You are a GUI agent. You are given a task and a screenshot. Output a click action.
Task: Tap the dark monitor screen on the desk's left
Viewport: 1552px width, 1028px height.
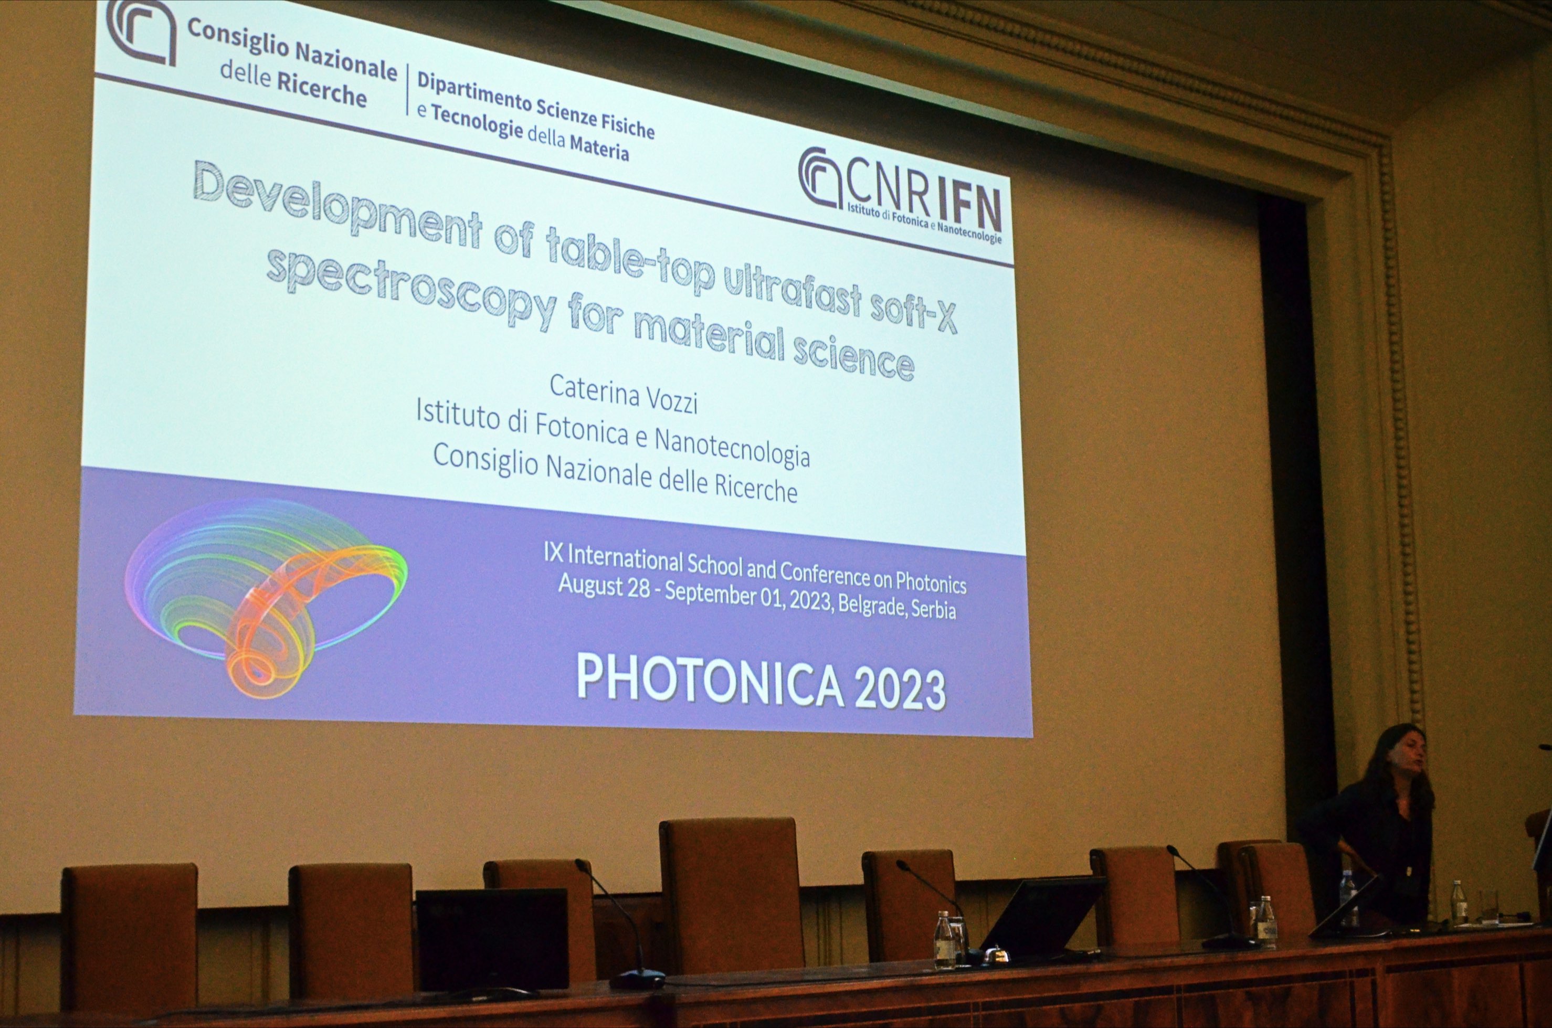coord(492,939)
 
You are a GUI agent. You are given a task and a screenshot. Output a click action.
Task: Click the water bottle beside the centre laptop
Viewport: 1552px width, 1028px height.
coord(944,939)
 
